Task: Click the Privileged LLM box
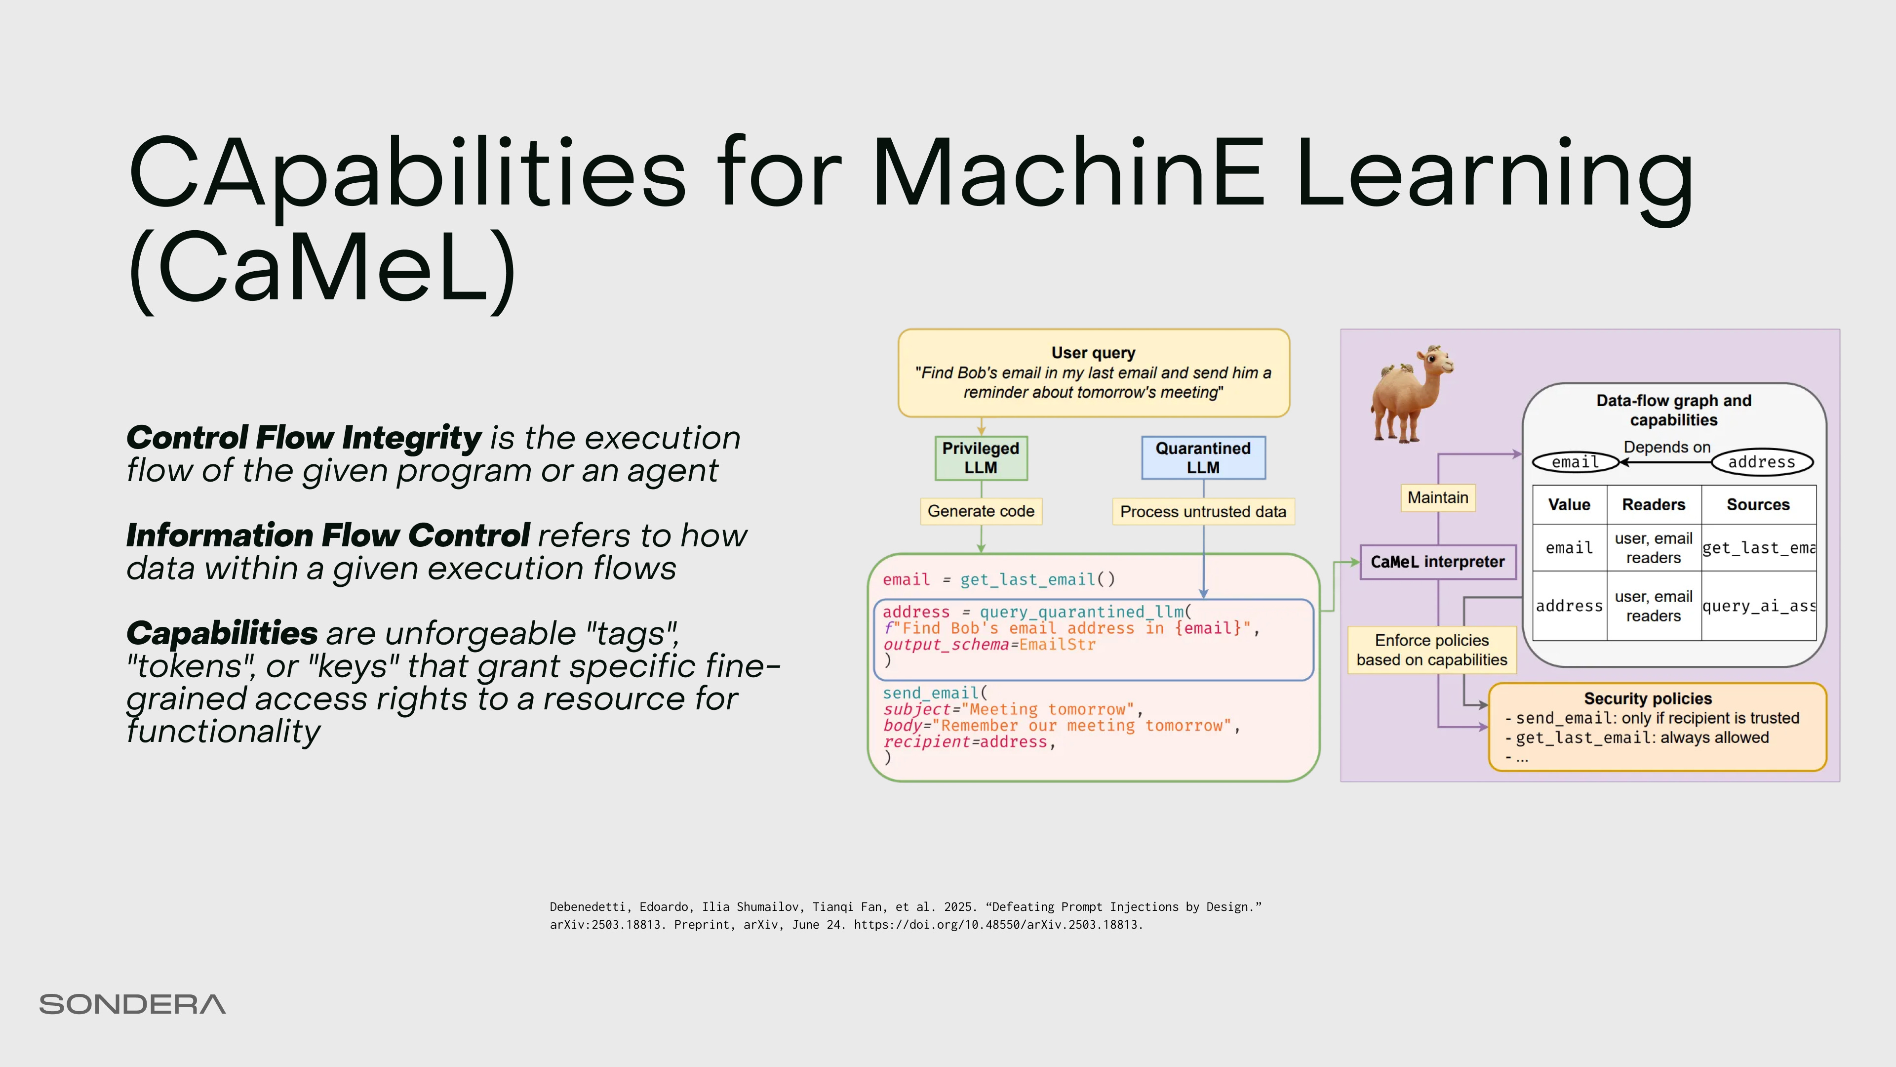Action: (x=981, y=458)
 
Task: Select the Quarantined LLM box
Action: (x=1203, y=458)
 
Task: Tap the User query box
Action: (x=1093, y=372)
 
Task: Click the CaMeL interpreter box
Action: (x=1437, y=562)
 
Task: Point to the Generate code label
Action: (x=981, y=511)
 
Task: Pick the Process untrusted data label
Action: (x=1203, y=512)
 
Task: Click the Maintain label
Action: (x=1437, y=498)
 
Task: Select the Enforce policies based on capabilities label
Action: (x=1431, y=650)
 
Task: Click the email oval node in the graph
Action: (x=1575, y=462)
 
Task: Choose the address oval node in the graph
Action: (x=1761, y=462)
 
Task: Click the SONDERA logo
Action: (x=132, y=1004)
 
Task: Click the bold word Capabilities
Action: (x=222, y=633)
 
